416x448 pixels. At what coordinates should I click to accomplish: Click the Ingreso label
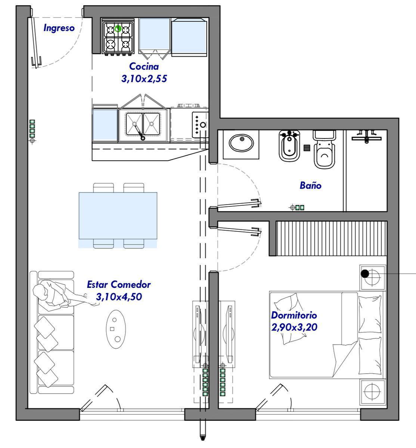click(59, 28)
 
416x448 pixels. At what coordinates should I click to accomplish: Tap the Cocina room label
click(144, 66)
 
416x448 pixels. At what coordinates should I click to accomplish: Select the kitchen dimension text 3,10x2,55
click(144, 79)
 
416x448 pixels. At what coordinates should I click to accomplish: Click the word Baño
click(311, 185)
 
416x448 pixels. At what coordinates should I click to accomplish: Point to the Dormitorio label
click(294, 315)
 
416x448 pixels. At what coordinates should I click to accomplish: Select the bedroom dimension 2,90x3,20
click(294, 327)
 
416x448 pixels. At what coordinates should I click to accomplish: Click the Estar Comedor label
click(119, 285)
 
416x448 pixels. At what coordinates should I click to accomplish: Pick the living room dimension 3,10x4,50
click(119, 297)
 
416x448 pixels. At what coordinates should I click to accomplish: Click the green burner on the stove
click(118, 29)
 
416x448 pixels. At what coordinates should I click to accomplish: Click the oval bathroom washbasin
click(241, 143)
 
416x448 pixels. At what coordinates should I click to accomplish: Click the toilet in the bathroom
click(325, 149)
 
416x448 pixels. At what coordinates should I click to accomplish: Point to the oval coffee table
click(116, 329)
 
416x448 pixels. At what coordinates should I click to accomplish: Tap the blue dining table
click(118, 216)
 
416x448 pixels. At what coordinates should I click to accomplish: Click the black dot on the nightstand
click(365, 274)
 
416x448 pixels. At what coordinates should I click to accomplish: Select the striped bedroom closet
click(331, 239)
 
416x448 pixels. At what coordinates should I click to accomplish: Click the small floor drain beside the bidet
click(307, 148)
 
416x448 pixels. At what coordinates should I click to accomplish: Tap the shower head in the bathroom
click(367, 136)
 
